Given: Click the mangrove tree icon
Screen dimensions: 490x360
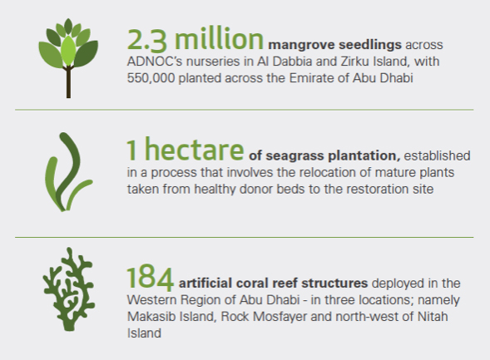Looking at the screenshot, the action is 68,58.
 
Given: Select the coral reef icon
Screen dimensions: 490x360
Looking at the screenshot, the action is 69,288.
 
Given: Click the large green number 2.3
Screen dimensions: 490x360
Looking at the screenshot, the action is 147,40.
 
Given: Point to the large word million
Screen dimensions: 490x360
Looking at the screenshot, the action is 219,39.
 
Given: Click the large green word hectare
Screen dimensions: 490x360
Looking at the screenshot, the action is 194,150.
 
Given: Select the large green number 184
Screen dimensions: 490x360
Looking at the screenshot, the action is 150,278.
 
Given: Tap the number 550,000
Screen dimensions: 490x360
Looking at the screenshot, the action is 151,78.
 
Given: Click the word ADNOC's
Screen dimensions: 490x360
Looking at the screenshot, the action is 155,62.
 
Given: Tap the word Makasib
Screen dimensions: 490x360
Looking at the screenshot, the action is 148,317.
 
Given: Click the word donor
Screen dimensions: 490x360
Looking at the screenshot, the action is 253,189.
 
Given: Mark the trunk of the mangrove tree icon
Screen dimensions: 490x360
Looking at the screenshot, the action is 68,81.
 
